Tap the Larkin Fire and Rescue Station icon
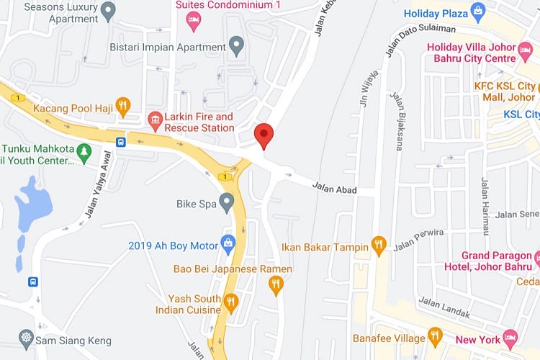tap(154, 119)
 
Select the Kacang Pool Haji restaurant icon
tap(123, 107)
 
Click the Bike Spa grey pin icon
tap(228, 202)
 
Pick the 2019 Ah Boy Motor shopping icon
tap(228, 244)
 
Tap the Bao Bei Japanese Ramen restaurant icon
tap(276, 285)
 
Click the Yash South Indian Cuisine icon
tap(230, 302)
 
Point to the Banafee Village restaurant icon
tap(434, 336)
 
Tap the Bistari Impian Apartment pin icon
tap(236, 47)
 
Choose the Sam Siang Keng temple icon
tap(27, 338)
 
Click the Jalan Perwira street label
tap(418, 238)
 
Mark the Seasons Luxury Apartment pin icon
tap(109, 11)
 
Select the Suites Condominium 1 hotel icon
tap(193, 20)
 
